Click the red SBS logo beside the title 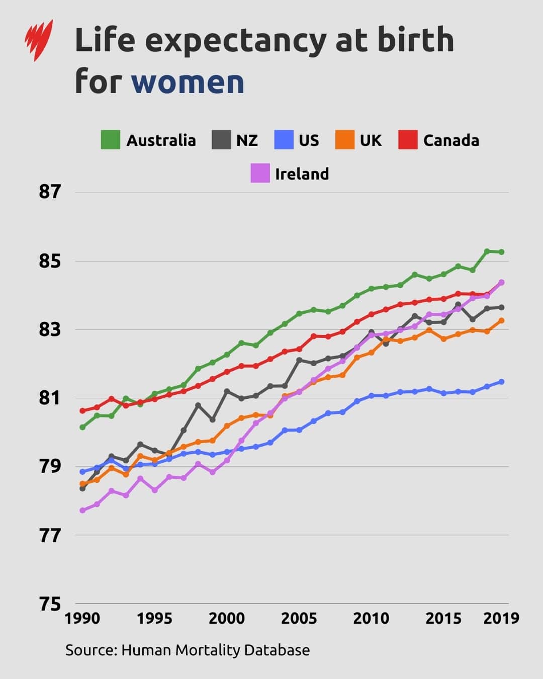(x=39, y=40)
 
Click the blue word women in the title (x=188, y=81)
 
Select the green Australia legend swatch (x=111, y=140)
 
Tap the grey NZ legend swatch (x=221, y=140)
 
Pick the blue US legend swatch (x=284, y=140)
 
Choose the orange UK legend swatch (x=345, y=140)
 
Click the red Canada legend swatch (x=408, y=140)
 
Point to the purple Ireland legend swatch (x=260, y=174)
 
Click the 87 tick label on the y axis (x=50, y=192)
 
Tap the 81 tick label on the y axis (x=50, y=398)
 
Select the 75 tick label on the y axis (x=50, y=604)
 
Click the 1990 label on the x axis (x=82, y=618)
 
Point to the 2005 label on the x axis (x=299, y=618)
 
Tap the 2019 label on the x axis (x=501, y=618)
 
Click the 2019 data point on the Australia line (x=501, y=252)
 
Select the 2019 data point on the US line (x=501, y=382)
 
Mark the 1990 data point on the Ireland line (x=82, y=511)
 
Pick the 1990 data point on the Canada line (x=82, y=410)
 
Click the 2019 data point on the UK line (x=501, y=320)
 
